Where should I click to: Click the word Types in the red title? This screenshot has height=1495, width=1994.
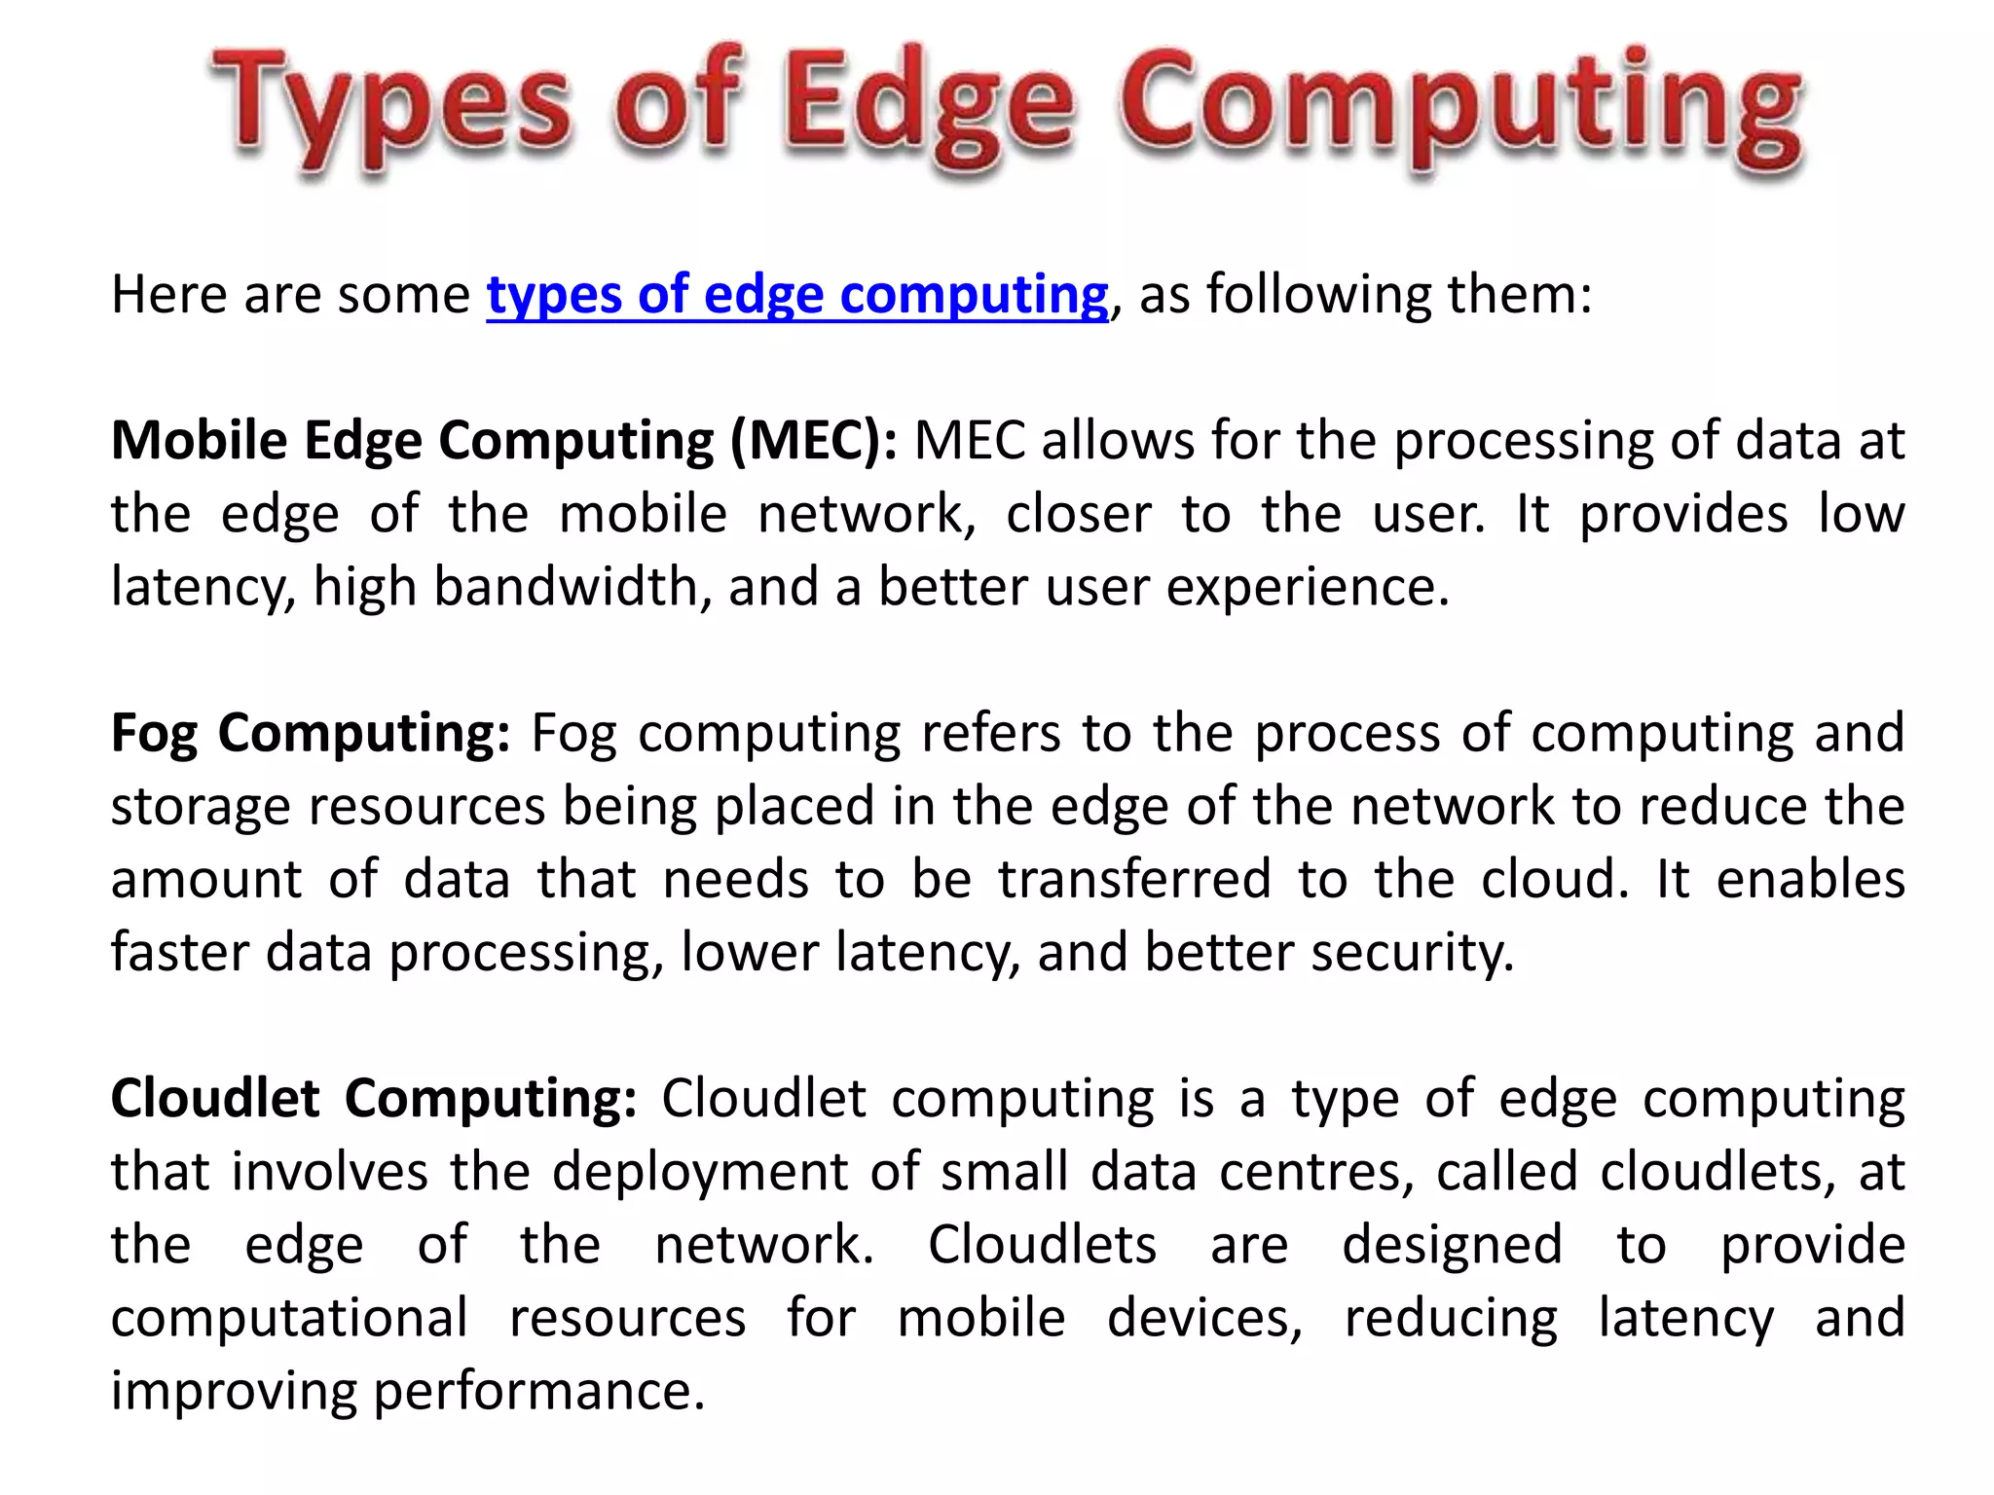click(389, 107)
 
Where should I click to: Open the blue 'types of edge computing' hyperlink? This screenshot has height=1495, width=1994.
click(797, 295)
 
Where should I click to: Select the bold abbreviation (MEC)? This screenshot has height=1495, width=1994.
click(814, 441)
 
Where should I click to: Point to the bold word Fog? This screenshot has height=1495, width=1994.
click(154, 734)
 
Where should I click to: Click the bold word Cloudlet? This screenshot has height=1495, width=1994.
click(215, 1099)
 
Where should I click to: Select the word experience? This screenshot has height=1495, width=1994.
click(1308, 588)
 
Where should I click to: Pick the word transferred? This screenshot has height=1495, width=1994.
click(1134, 879)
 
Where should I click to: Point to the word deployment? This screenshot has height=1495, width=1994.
click(700, 1172)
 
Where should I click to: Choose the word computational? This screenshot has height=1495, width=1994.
click(289, 1319)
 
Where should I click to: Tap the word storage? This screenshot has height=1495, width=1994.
click(201, 807)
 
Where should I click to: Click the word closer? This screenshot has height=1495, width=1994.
click(1079, 514)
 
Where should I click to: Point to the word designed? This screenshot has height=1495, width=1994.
click(1452, 1246)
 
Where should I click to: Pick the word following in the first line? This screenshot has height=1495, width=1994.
click(1318, 295)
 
